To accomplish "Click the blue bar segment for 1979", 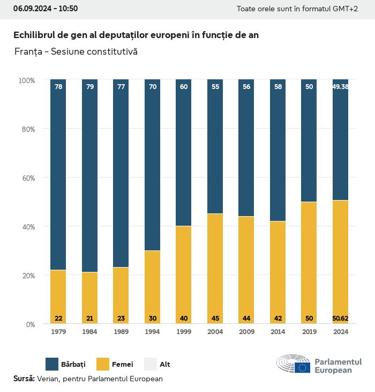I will coord(58,175).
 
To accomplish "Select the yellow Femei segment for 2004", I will coord(215,268).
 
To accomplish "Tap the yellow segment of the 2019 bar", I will coord(309,263).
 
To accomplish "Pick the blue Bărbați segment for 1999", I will coord(184,153).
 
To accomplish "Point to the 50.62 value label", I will coord(340,319).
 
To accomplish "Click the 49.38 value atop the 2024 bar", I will coord(340,86).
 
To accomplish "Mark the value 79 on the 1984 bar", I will coord(89,86).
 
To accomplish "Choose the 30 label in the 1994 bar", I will coord(153,319).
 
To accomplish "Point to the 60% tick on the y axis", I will coord(27,178).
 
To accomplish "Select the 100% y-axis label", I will coord(26,80).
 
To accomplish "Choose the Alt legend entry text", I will coord(165,365).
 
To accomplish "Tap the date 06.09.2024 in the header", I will coord(32,9).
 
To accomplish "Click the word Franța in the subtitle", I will coord(27,52).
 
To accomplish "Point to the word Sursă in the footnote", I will coord(24,379).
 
